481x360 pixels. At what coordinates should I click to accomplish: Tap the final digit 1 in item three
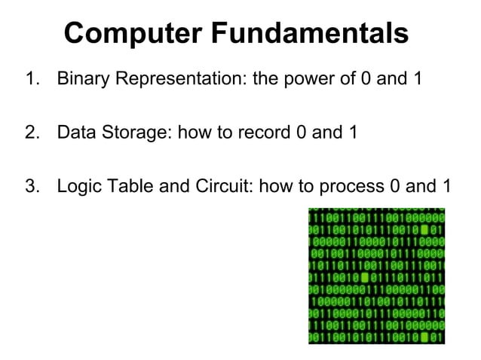point(446,186)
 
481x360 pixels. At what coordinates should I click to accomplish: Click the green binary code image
point(375,276)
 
